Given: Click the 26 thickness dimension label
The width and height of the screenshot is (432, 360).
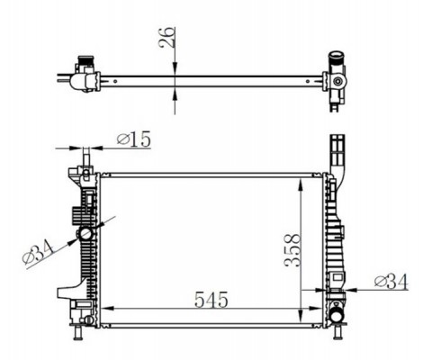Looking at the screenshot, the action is [x=166, y=37].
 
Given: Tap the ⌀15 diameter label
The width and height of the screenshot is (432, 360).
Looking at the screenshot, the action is [x=134, y=139].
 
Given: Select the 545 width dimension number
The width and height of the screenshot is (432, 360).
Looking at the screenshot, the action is [x=211, y=300].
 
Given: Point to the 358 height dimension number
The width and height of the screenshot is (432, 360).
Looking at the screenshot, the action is [x=292, y=250].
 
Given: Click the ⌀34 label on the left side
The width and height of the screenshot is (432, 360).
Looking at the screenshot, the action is [x=38, y=254].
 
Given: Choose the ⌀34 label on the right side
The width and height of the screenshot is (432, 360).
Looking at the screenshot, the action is [x=391, y=282].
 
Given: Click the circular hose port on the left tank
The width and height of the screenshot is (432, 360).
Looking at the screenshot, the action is [x=85, y=234].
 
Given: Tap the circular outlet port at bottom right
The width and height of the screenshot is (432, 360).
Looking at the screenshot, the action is [x=337, y=315].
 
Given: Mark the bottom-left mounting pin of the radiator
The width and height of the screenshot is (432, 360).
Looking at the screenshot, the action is [x=78, y=332].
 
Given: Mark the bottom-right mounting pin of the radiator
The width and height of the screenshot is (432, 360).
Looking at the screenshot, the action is [x=337, y=332].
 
